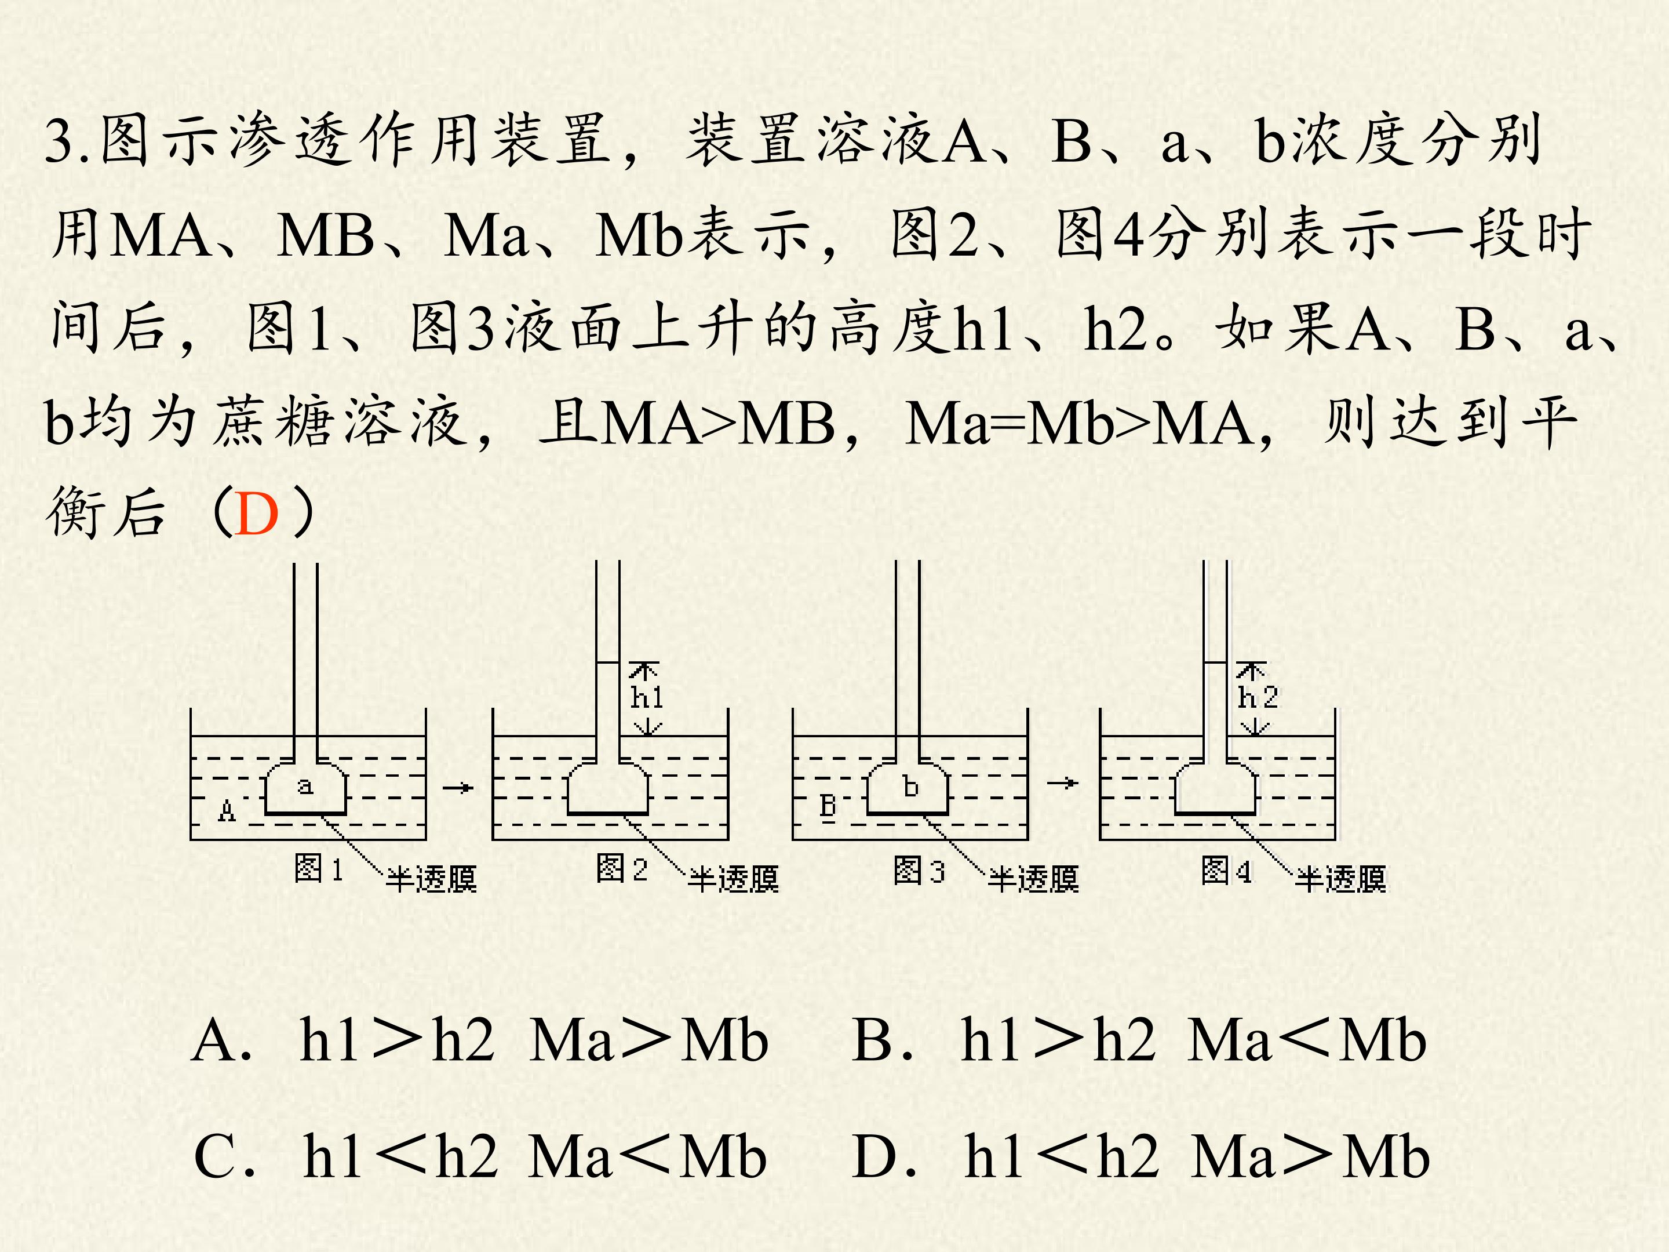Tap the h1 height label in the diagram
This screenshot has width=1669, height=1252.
pyautogui.click(x=647, y=697)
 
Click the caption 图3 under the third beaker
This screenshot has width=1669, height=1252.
pyautogui.click(x=919, y=869)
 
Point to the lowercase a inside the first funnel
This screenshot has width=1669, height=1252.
pyautogui.click(x=305, y=787)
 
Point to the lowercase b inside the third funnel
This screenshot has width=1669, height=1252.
pyautogui.click(x=911, y=787)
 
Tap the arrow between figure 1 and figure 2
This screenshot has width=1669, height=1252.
pyautogui.click(x=458, y=788)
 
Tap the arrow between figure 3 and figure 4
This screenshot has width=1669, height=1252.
pyautogui.click(x=1062, y=783)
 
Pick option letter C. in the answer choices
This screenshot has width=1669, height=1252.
pyautogui.click(x=224, y=1157)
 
